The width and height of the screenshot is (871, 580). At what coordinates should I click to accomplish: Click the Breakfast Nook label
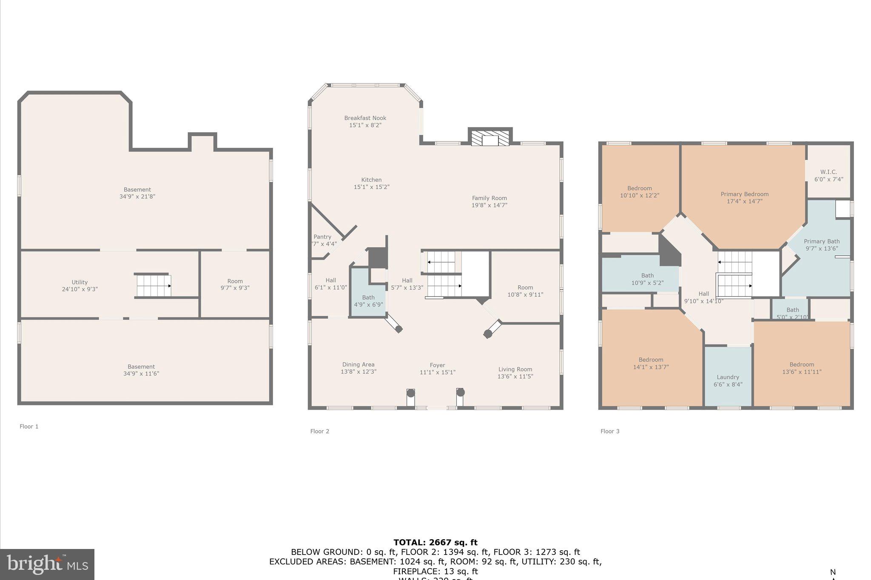coord(365,118)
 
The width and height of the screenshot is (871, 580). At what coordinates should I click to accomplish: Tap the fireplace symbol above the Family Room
coord(490,138)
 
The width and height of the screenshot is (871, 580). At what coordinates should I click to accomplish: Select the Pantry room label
coord(322,237)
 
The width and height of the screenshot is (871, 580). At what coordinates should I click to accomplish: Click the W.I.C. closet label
coord(828,172)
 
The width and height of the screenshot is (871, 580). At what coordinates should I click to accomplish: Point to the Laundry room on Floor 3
coord(728,377)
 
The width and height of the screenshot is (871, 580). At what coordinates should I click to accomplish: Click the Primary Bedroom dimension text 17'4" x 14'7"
coord(744,201)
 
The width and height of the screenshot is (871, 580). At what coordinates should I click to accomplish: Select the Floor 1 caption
coord(29,427)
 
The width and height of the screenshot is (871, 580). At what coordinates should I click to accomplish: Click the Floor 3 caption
coord(610,431)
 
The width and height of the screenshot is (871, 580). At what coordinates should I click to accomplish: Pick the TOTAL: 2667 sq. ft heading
coord(435,543)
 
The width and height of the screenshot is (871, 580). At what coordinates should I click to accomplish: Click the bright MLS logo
coord(47,564)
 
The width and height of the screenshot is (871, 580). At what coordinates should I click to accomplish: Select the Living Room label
coord(515,369)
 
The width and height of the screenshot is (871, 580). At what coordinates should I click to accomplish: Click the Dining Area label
coord(358,365)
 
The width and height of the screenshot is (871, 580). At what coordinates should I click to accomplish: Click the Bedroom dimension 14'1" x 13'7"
coord(651,367)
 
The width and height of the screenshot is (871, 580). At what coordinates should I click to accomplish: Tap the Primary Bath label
coord(821,241)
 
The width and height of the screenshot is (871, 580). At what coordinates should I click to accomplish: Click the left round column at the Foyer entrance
coord(410,393)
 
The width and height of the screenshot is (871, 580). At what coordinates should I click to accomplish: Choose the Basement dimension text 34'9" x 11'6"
coord(141,374)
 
